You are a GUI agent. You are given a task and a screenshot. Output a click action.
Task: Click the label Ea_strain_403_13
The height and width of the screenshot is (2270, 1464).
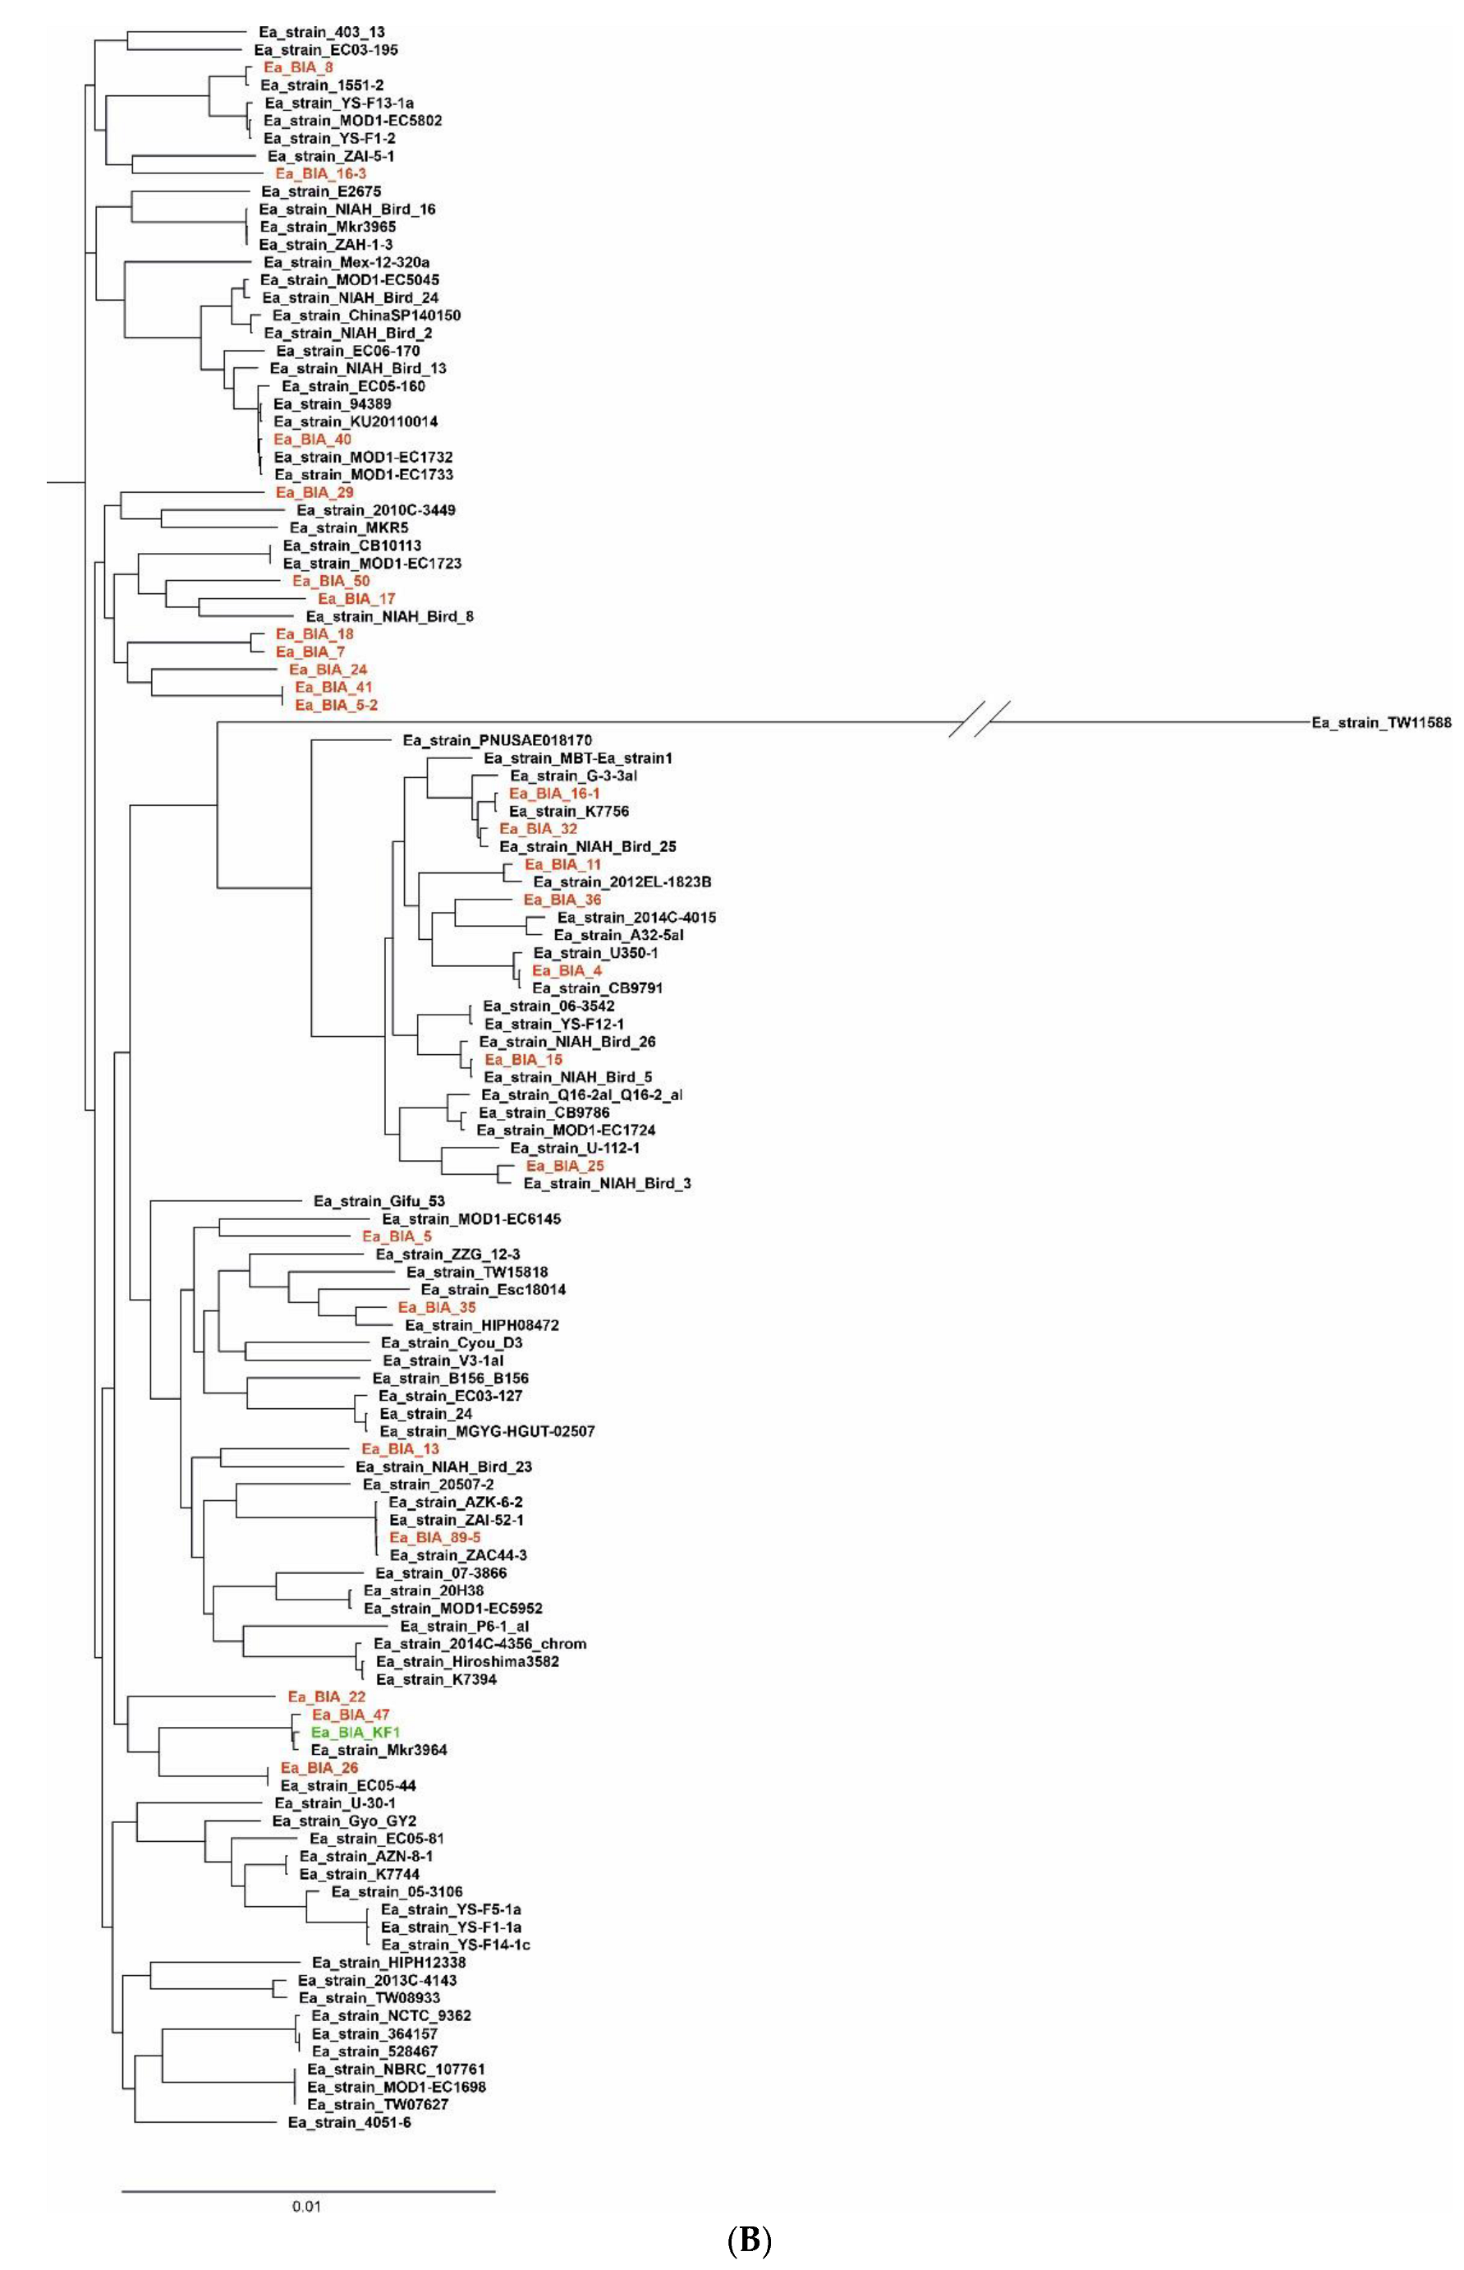pos(321,32)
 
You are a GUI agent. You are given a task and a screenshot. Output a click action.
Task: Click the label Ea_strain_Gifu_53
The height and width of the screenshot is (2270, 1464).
pos(379,1201)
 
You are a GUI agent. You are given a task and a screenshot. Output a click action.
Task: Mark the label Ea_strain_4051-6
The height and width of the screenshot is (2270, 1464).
pos(349,2123)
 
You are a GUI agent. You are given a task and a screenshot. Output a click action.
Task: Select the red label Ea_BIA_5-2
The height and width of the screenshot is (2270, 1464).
pos(336,705)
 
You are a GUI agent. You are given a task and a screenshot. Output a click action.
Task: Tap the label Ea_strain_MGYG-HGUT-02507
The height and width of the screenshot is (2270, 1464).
pos(487,1431)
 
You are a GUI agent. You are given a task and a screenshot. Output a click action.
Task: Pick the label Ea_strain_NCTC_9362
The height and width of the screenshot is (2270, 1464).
pos(391,2016)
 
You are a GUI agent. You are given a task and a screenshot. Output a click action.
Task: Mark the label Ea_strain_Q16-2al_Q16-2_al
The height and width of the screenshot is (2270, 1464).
pos(581,1094)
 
